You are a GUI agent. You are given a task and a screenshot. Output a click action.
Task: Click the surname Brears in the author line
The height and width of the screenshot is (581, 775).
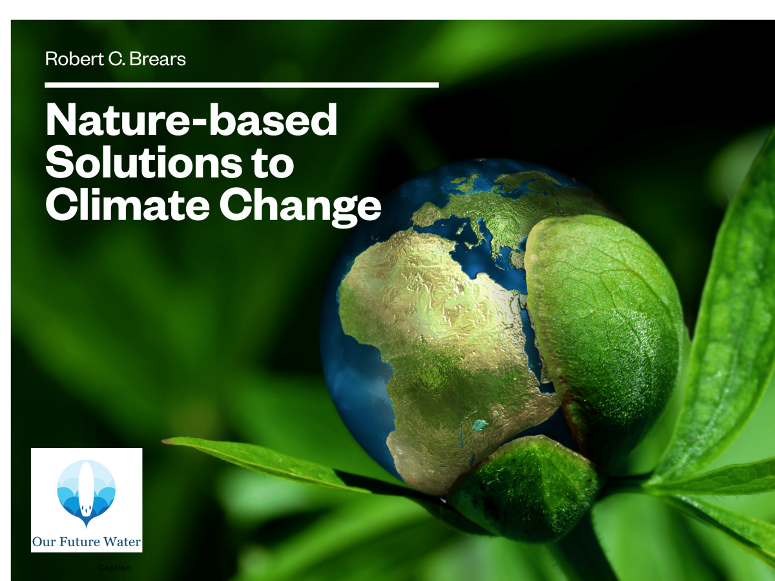click(x=158, y=59)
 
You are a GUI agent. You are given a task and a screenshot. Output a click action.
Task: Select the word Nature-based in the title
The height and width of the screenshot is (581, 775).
click(x=191, y=119)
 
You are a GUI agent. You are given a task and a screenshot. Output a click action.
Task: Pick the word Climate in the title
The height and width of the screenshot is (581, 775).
click(x=128, y=205)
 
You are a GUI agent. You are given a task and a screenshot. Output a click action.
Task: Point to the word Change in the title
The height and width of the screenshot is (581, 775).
click(x=300, y=207)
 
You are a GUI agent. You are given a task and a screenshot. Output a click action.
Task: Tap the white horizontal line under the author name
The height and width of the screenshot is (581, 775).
click(x=242, y=85)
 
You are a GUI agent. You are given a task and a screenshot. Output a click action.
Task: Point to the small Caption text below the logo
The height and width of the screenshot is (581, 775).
click(x=114, y=567)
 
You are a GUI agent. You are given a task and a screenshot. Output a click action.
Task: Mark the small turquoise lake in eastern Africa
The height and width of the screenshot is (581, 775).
click(x=480, y=425)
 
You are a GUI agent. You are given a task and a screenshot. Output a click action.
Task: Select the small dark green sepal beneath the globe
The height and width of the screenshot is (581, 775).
click(x=522, y=487)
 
